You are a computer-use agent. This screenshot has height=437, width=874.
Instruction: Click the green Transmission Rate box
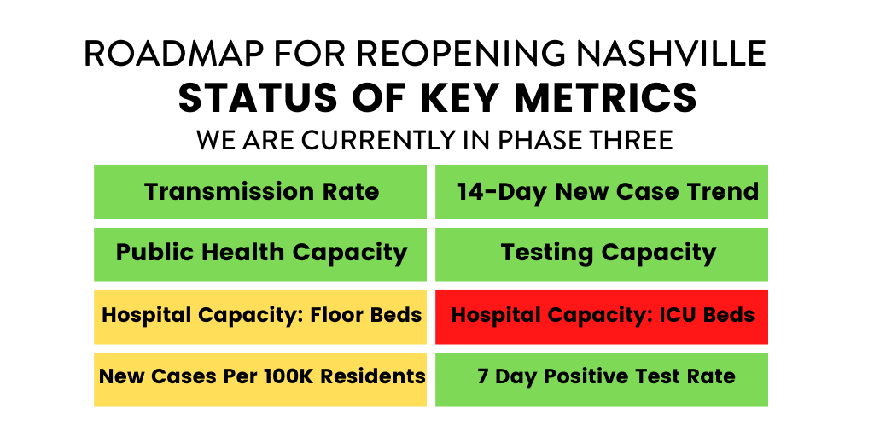coord(260,192)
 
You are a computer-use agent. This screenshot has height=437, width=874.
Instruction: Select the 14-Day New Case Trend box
coord(602,192)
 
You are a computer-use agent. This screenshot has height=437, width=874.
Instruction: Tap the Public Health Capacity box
coord(260,253)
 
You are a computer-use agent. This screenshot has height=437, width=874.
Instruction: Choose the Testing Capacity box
coord(602,253)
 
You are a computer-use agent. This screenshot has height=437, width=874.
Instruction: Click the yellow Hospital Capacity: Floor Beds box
coord(260,316)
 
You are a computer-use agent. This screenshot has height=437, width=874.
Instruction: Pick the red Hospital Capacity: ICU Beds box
coord(602,316)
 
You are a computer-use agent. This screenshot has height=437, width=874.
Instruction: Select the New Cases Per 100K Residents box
coord(260,376)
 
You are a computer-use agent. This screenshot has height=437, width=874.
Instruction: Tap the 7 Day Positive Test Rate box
coord(602,376)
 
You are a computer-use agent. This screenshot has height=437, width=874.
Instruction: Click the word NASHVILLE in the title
coord(669,54)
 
